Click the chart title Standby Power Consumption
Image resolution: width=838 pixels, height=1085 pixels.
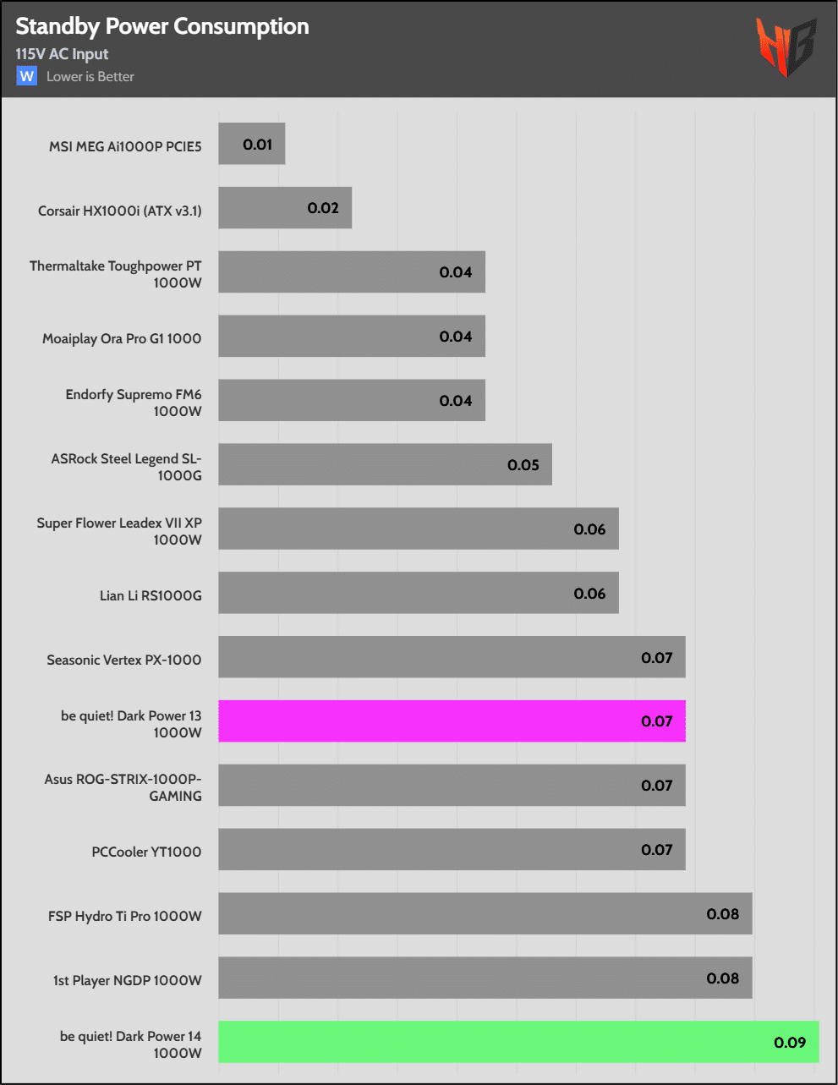[162, 27]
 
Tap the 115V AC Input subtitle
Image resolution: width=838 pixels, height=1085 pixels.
[62, 54]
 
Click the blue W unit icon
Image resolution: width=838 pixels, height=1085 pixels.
[27, 76]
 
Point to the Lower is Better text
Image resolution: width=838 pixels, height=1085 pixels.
[90, 77]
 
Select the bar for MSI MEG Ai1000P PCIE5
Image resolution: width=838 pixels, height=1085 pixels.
[251, 144]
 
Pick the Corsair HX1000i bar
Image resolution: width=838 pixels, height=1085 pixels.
[284, 208]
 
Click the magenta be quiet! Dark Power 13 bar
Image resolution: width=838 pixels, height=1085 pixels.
[452, 721]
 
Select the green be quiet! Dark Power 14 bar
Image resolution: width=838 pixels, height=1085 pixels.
[518, 1042]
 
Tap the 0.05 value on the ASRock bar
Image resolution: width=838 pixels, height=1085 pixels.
[523, 465]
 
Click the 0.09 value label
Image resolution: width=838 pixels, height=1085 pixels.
[790, 1043]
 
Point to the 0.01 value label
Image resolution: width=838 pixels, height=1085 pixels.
[258, 145]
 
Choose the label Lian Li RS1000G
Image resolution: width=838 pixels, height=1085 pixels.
[151, 596]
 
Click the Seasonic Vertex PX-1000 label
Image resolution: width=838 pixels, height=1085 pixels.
[124, 660]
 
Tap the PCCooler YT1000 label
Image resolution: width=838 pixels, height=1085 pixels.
[146, 852]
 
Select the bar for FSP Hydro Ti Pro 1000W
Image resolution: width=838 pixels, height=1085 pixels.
[485, 914]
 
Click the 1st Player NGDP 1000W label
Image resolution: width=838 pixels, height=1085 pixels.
[128, 980]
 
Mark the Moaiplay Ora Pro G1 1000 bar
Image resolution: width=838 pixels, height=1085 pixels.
[351, 337]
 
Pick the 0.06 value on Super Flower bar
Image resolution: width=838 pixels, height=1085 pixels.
[589, 529]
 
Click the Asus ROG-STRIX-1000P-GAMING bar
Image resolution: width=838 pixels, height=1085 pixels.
[452, 786]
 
